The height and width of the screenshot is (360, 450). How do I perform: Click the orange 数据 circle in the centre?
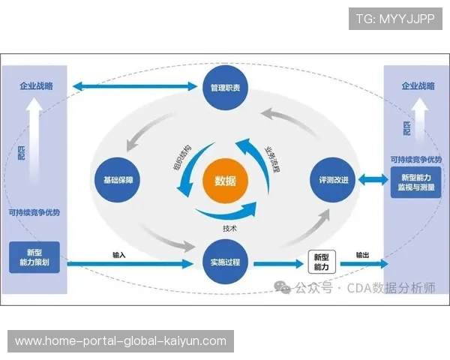(x=225, y=181)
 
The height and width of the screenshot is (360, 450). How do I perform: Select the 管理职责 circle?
(x=225, y=88)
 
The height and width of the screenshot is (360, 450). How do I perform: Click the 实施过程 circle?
(x=225, y=262)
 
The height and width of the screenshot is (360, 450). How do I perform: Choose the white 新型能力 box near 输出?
(x=320, y=262)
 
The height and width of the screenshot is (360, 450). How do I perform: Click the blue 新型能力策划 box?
(x=34, y=256)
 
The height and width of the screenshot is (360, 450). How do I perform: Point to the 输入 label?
(x=118, y=255)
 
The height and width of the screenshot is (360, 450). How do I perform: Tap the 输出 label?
(x=362, y=255)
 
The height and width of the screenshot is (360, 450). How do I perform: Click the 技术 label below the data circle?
(x=230, y=227)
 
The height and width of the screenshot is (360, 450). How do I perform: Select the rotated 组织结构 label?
(x=182, y=157)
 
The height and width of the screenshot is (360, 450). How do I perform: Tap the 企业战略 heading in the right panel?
(x=415, y=86)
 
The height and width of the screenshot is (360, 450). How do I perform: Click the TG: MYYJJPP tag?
(x=395, y=18)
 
